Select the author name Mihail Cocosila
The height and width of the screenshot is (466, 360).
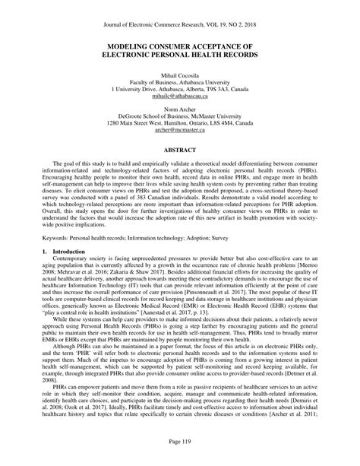pos(180,76)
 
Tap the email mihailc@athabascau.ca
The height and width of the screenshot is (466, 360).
pos(180,97)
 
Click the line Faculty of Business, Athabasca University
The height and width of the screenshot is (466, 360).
pos(180,83)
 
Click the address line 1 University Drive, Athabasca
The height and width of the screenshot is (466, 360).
pos(180,90)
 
